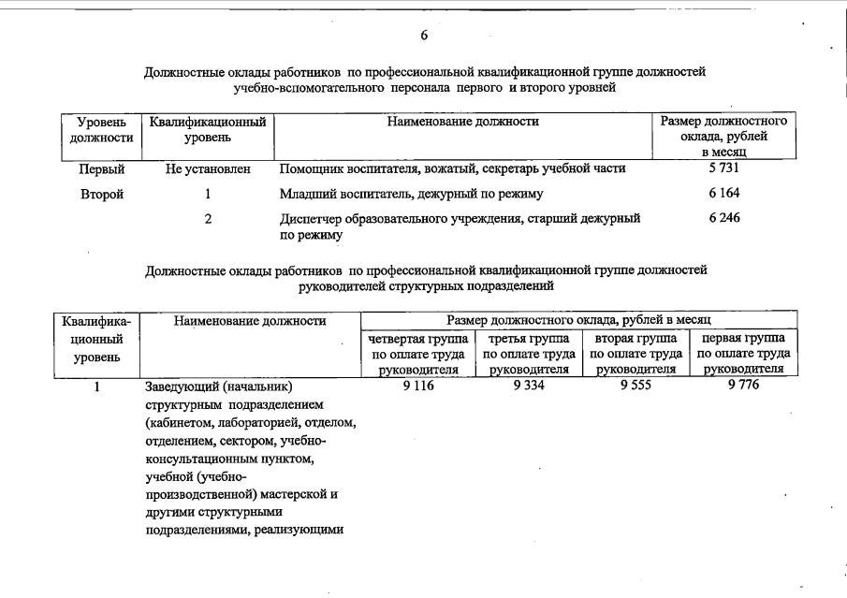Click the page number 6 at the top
(424, 36)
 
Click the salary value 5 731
(724, 168)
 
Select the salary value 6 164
(724, 193)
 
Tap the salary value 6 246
(724, 217)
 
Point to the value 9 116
(417, 386)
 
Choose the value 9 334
(528, 386)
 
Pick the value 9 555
(635, 386)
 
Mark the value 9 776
(743, 386)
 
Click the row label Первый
(102, 169)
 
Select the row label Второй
(102, 194)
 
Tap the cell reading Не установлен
(207, 169)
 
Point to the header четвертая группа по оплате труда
(417, 354)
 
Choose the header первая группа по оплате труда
(743, 354)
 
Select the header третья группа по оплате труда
(528, 354)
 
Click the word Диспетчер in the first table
(311, 218)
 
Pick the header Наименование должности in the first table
(462, 122)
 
